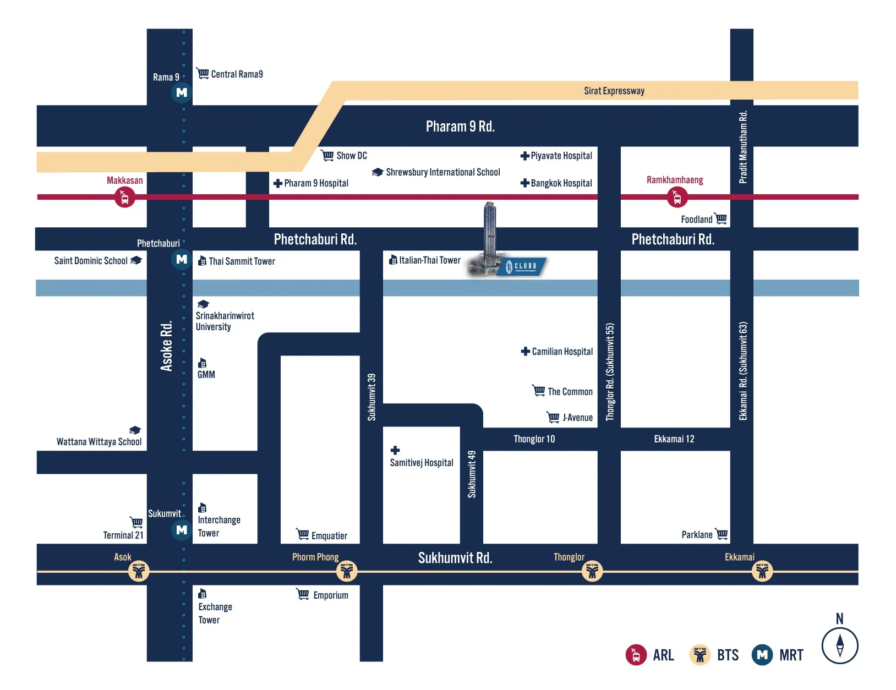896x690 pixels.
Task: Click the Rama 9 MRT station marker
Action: pos(182,92)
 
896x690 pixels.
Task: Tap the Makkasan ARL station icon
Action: pos(124,197)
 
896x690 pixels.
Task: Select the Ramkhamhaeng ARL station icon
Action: pos(676,197)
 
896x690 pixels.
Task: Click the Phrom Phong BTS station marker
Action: pos(346,571)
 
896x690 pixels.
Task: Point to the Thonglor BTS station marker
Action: pos(592,571)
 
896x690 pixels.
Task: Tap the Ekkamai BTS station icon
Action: pos(762,571)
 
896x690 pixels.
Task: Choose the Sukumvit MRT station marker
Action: pos(182,529)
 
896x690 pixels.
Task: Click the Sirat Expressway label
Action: pos(614,91)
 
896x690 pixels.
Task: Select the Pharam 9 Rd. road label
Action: pos(460,126)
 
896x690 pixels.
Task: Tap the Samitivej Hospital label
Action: pos(422,462)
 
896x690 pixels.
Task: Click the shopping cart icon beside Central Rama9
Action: pos(203,73)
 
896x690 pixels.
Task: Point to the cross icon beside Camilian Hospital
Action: pos(525,351)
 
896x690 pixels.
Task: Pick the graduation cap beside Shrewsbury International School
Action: pos(378,172)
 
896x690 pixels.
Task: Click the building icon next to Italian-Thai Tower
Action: pos(393,259)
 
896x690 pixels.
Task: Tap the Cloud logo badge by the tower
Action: pos(522,266)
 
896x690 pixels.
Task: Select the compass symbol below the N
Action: pos(839,645)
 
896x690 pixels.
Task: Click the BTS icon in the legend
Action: pos(700,655)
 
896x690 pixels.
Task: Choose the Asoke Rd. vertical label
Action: pos(166,346)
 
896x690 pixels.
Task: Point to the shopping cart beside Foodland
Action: pos(721,218)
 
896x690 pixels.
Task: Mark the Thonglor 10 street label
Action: pos(534,439)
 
